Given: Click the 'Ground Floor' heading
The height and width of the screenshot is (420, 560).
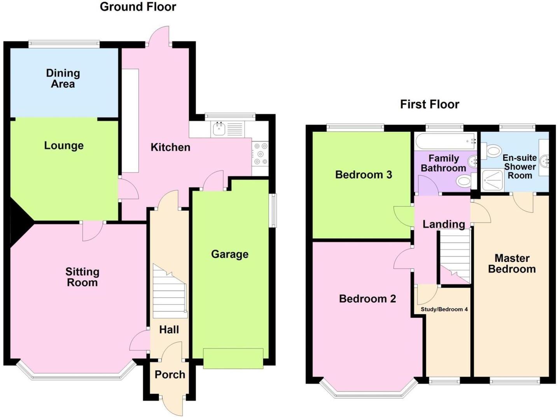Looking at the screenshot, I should (138, 7).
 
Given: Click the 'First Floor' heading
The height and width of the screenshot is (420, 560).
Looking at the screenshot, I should (429, 104).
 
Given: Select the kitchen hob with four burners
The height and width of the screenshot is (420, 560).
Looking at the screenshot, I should (260, 154).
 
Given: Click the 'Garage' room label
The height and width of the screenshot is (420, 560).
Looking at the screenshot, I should (229, 254).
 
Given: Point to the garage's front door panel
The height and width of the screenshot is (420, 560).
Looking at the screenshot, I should (233, 358).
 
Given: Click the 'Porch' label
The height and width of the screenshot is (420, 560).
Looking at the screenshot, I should (170, 374).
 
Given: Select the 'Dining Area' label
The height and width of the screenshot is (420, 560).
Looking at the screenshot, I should (63, 78).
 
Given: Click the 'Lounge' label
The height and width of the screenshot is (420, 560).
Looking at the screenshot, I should (64, 145).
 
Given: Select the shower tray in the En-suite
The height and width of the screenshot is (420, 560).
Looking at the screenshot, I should (492, 180).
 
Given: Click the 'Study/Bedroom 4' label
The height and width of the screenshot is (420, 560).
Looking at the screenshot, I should (444, 309).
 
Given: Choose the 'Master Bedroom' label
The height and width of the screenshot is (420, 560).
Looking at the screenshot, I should (512, 264).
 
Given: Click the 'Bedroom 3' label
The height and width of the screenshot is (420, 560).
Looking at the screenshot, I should (363, 175).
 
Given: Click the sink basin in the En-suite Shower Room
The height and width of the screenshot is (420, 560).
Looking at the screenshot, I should (544, 159).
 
